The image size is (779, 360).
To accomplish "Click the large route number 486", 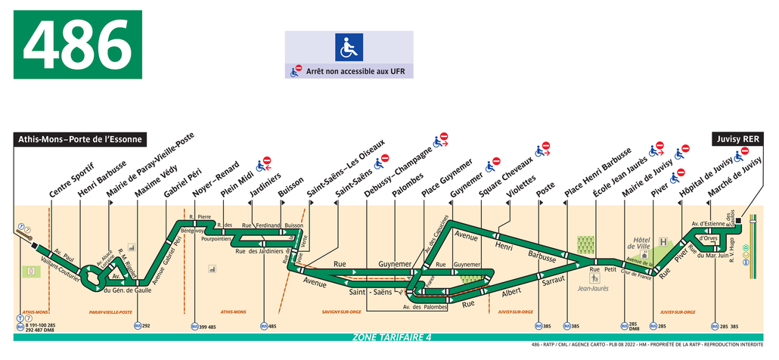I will (77, 44).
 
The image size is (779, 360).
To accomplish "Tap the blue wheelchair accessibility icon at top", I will (349, 48).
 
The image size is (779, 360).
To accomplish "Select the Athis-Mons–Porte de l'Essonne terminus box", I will (80, 139).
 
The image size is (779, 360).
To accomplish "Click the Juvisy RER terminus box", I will (740, 139).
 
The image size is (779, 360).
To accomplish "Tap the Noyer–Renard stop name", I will (216, 180).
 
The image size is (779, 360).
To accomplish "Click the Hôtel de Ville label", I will (639, 242).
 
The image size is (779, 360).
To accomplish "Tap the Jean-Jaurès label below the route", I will (593, 288).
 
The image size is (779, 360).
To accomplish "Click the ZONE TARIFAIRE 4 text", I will (391, 337).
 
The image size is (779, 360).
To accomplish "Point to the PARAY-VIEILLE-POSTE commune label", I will (110, 312).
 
